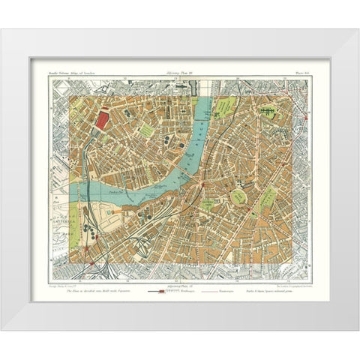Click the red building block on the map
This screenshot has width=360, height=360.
[101, 119]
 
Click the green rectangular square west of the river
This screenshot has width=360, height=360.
[148, 131]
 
